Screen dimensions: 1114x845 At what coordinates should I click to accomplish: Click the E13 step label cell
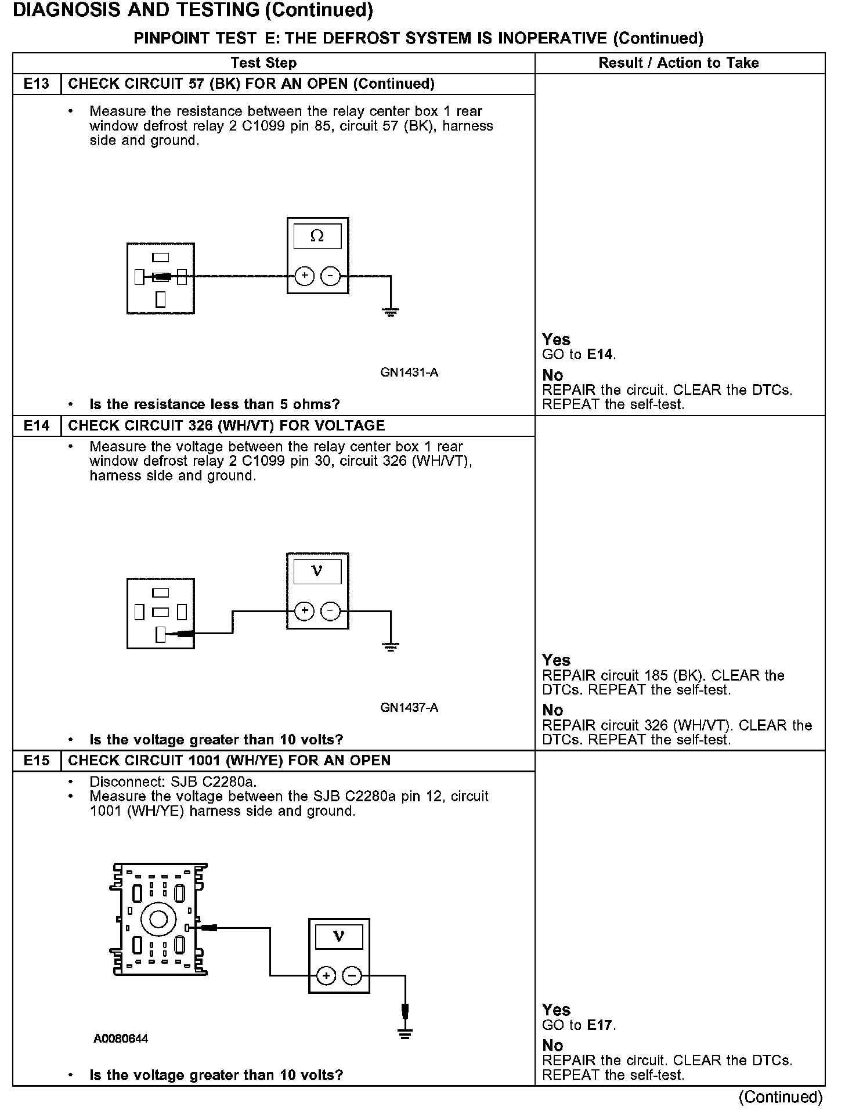point(37,84)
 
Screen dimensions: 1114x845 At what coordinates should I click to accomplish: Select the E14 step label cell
point(37,426)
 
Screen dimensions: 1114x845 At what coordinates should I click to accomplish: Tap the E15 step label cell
point(37,761)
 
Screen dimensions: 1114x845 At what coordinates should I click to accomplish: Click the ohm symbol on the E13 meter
point(317,236)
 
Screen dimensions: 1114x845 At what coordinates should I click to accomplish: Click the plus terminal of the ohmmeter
point(305,277)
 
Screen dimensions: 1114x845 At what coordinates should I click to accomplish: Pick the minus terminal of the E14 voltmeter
point(331,612)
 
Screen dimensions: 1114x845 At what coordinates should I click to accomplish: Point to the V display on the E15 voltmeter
point(339,936)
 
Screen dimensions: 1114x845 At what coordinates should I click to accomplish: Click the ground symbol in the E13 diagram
point(391,313)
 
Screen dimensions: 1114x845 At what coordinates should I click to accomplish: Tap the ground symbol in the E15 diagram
point(405,1033)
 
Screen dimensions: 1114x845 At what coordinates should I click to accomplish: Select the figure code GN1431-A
point(409,372)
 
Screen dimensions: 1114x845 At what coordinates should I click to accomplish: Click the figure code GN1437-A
point(409,708)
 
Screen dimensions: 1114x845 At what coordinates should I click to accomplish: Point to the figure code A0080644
point(121,1039)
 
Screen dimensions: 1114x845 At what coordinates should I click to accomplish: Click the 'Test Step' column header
point(263,63)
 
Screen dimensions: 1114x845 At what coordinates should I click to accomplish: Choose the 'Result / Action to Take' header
point(678,63)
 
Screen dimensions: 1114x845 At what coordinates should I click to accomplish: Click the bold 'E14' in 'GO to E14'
point(600,355)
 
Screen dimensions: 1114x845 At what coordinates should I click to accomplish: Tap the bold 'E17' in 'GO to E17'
point(600,1025)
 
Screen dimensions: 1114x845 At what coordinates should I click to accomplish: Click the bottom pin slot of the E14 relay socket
point(161,635)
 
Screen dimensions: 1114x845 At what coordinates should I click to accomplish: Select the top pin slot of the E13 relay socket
point(161,258)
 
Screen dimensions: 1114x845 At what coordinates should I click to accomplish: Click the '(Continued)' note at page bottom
point(780,1097)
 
